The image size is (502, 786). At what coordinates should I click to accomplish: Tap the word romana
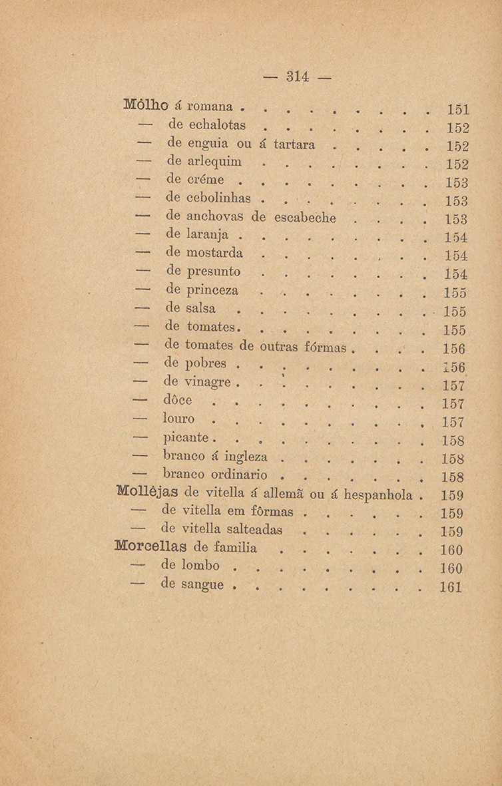(212, 106)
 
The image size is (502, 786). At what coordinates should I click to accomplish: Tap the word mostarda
(216, 254)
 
